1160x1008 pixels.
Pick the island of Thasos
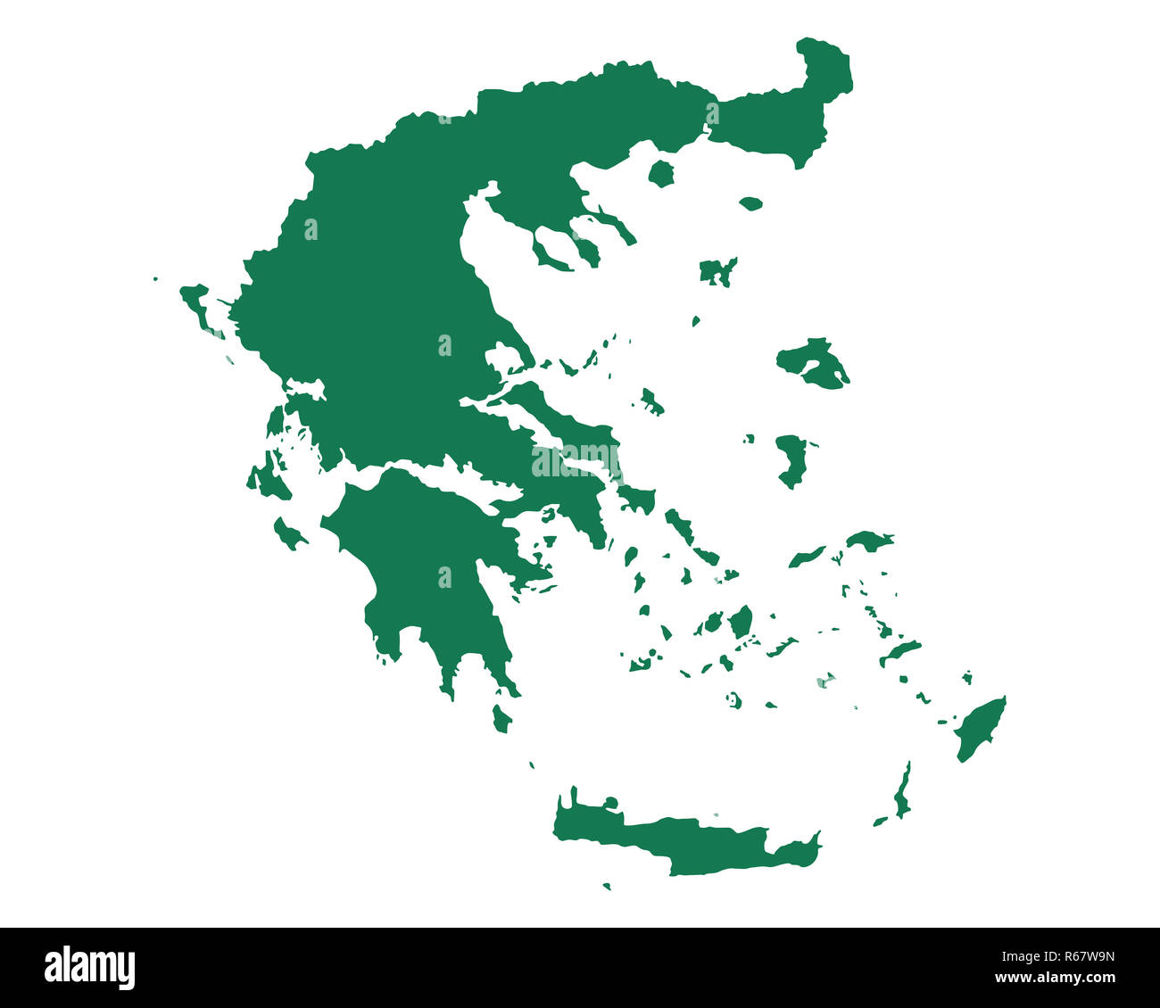pyautogui.click(x=661, y=173)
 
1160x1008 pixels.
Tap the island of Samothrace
pyautogui.click(x=750, y=203)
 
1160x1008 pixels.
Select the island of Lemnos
pyautogui.click(x=717, y=270)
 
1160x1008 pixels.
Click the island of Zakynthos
pyautogui.click(x=287, y=535)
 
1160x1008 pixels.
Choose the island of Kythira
pyautogui.click(x=501, y=719)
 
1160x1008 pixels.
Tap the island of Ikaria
pyautogui.click(x=806, y=558)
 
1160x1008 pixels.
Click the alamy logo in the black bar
pyautogui.click(x=89, y=968)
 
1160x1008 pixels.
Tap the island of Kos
pyautogui.click(x=899, y=652)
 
